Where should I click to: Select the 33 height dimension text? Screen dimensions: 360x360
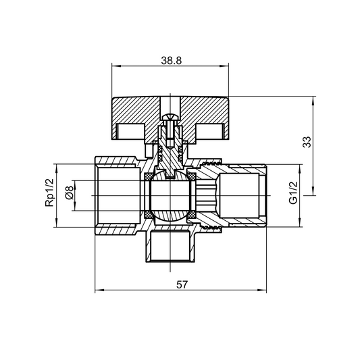click(306, 142)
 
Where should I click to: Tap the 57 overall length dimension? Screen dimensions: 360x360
click(181, 284)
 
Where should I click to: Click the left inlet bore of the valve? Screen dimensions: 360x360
click(118, 195)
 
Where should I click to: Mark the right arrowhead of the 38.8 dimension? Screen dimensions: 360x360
click(226, 66)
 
